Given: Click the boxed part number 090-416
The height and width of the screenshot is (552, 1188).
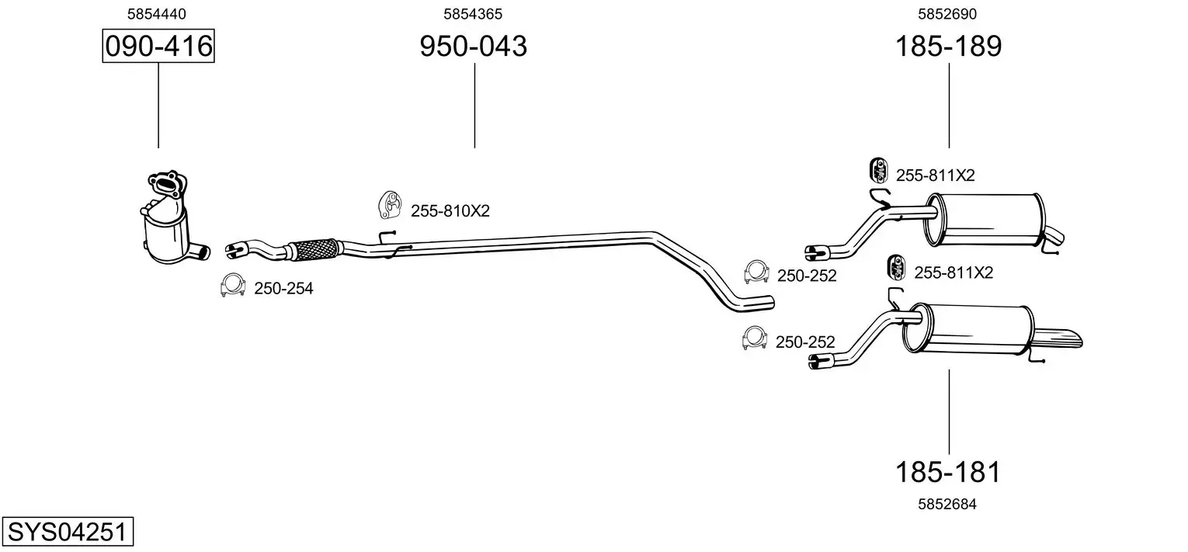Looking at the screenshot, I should point(158,47).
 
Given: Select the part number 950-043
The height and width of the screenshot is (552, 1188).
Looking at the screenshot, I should point(473,47).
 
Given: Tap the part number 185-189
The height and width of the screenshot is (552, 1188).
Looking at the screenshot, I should point(948,47).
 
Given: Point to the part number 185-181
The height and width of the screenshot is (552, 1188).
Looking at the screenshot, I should point(948,471).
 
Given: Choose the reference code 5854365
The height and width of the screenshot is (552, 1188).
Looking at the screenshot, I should point(473,13).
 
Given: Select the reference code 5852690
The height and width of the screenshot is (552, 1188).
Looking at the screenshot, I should point(947,13).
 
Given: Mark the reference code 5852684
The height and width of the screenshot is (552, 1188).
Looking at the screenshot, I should point(947,504).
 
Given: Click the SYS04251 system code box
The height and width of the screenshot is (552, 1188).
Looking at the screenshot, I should point(67,533).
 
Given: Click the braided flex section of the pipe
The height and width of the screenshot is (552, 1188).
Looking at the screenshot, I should point(313,248).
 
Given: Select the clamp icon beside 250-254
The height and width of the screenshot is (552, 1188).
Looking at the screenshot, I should point(232,286).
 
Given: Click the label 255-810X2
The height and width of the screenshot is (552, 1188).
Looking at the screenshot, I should point(450,210).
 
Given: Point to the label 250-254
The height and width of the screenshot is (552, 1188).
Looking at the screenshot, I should point(283,289).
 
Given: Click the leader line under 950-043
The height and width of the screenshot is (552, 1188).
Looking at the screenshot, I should point(474,105).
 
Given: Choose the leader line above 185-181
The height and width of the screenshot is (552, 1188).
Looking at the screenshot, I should point(949,411).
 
